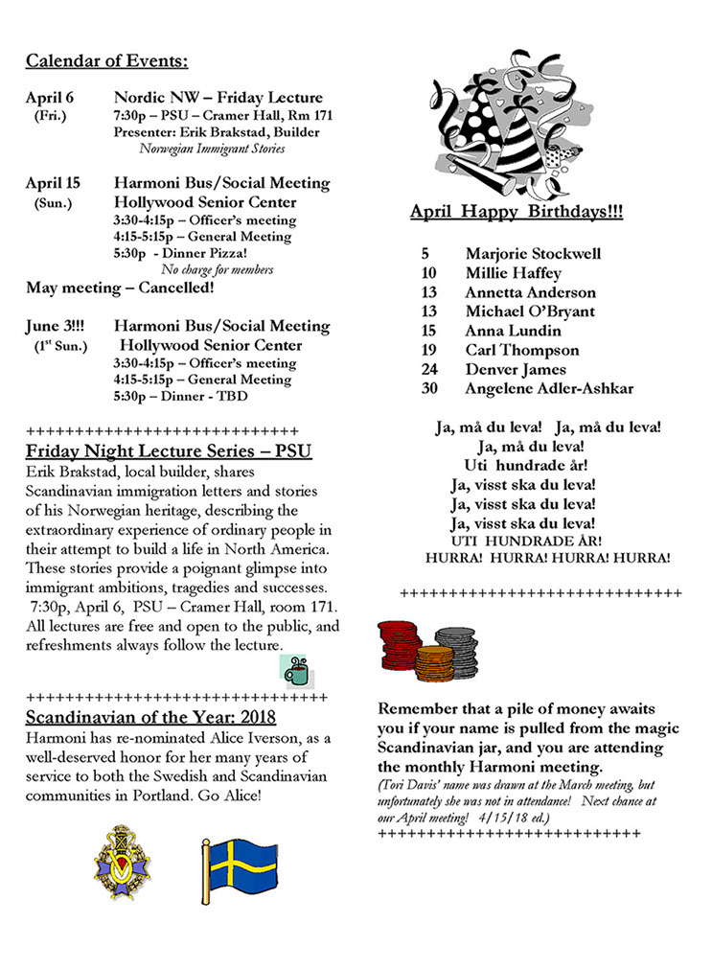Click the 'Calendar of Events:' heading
click(x=106, y=62)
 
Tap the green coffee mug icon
click(x=296, y=670)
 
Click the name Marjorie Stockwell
click(x=533, y=254)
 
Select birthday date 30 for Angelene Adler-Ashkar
click(x=428, y=388)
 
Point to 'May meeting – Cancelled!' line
click(x=120, y=288)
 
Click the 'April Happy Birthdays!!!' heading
click(x=516, y=212)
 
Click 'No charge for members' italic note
click(x=217, y=269)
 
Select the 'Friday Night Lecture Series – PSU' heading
click(x=169, y=450)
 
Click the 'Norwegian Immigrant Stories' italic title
click(x=212, y=149)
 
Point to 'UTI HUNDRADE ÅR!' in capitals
click(x=525, y=541)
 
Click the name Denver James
click(x=516, y=369)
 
